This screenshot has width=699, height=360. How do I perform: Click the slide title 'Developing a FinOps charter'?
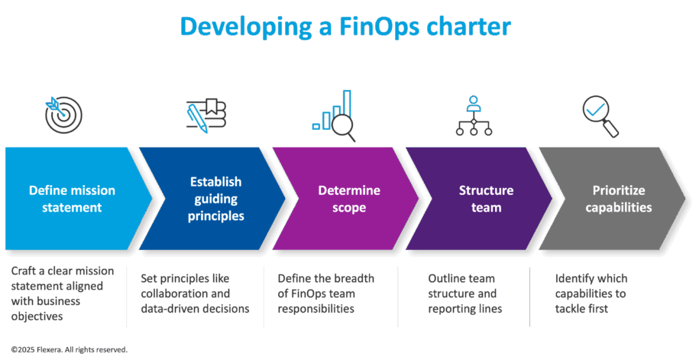[x=345, y=28]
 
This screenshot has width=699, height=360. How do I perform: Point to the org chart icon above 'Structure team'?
[x=473, y=115]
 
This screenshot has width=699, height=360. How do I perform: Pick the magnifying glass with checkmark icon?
[x=600, y=115]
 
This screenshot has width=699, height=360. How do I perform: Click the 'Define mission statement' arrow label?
[x=72, y=198]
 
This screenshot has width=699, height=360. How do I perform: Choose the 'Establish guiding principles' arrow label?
[x=215, y=199]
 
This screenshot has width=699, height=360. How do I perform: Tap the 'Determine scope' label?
[x=348, y=199]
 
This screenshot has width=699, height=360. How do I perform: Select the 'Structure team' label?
[x=486, y=199]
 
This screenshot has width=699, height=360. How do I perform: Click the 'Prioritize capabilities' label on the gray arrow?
[x=618, y=199]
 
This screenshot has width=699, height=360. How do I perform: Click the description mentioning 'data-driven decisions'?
[x=195, y=294]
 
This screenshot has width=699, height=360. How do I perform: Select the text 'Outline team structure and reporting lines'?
[x=463, y=294]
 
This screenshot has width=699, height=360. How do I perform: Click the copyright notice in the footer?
[x=69, y=349]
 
